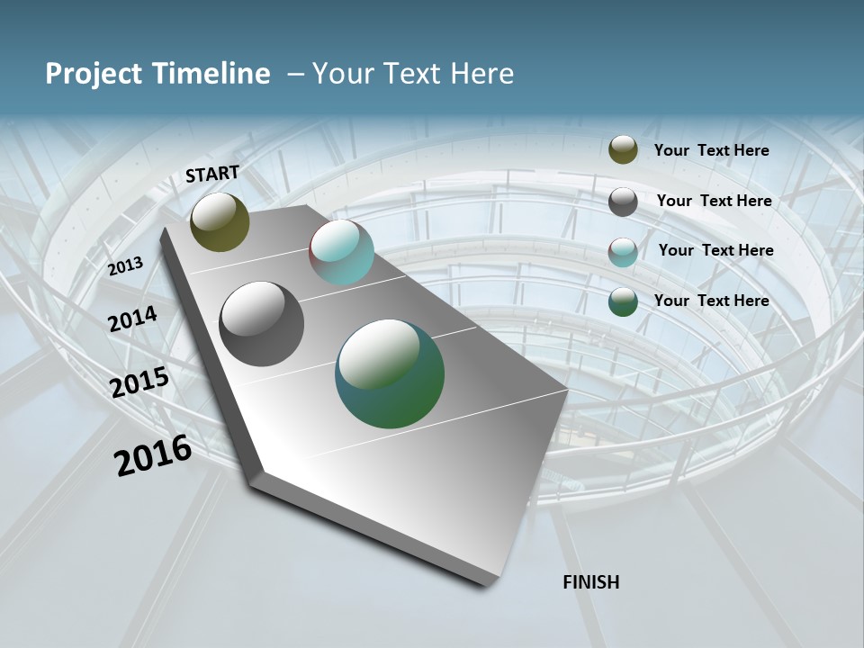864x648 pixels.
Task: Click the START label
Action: [212, 174]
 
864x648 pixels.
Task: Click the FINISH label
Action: [590, 582]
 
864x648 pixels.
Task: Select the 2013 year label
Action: [125, 266]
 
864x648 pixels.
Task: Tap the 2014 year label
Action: [132, 319]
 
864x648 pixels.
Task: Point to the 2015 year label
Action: [139, 382]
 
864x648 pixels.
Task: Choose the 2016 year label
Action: [153, 455]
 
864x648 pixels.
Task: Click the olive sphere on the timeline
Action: [220, 222]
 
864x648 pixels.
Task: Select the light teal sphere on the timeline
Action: [341, 252]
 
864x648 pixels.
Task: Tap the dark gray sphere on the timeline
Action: [261, 324]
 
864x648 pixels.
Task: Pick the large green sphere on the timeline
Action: [390, 373]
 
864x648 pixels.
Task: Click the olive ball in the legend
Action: [623, 149]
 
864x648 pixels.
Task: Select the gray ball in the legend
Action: [623, 202]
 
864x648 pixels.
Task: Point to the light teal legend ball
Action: [623, 252]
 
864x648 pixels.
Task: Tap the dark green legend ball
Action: [623, 302]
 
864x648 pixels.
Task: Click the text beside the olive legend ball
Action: [711, 151]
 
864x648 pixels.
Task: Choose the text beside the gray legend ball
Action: [714, 201]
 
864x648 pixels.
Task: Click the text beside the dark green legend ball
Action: [711, 301]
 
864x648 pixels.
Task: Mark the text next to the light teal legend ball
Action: [715, 250]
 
